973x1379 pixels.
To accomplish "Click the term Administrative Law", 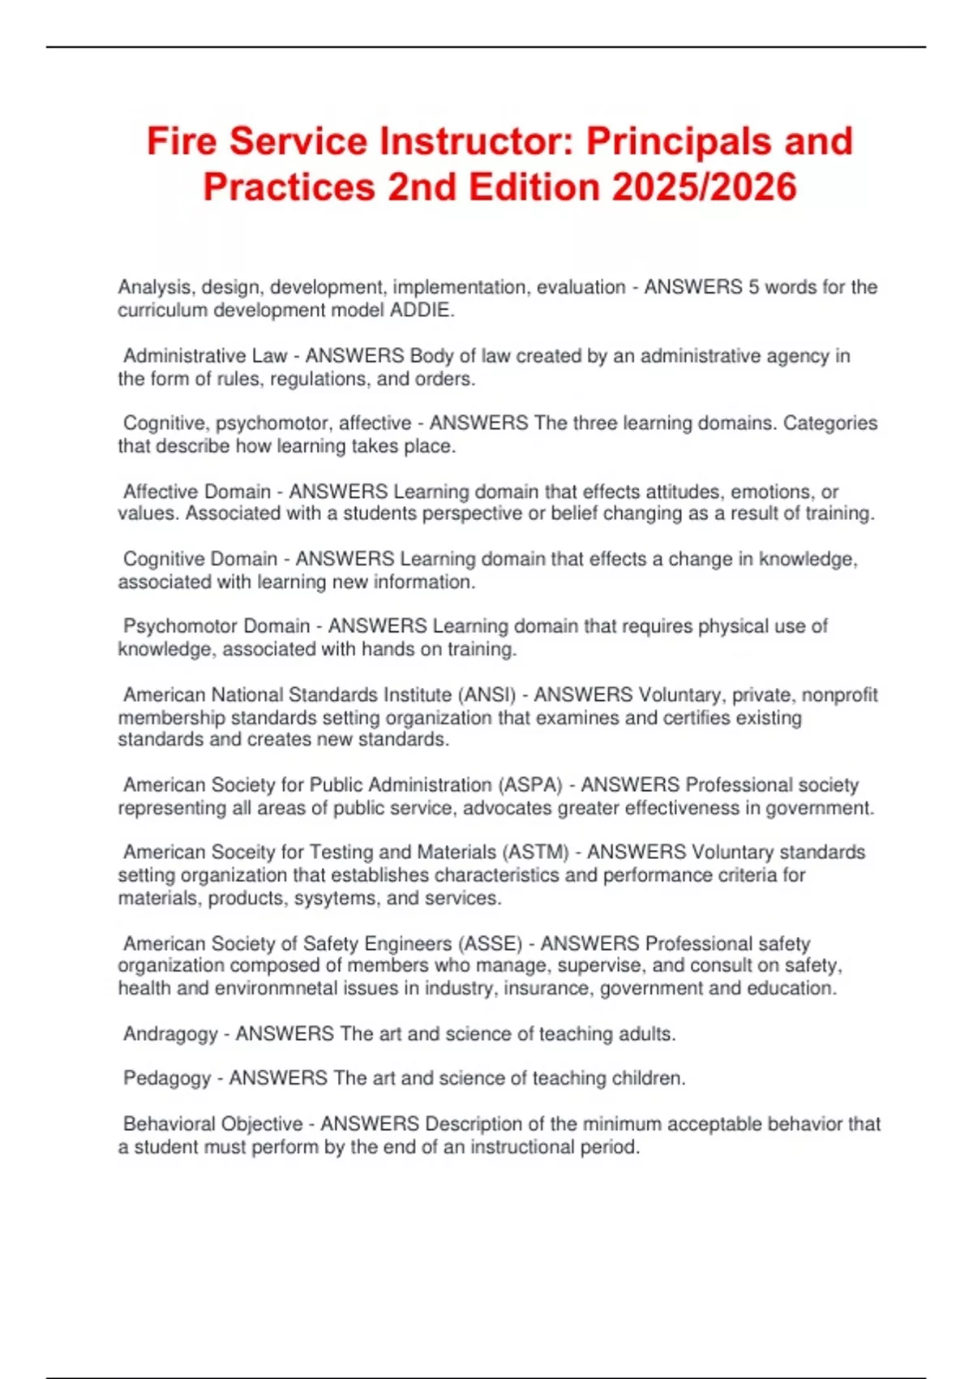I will pos(205,356).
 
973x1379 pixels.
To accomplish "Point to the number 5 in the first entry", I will pos(753,287).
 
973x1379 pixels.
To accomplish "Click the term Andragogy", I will pos(170,1034).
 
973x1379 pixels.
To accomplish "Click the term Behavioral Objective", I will pos(212,1124).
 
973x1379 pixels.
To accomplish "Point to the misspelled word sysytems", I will pos(336,899).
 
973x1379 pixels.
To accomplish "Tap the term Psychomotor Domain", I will pos(216,626).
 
